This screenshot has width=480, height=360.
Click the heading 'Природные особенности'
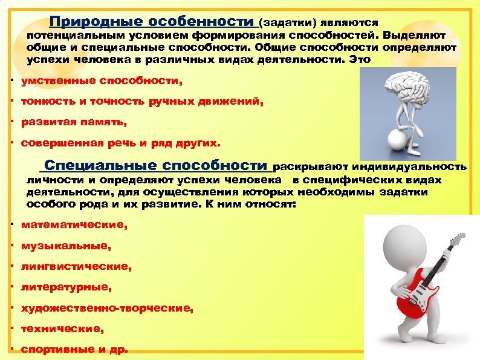tap(152, 22)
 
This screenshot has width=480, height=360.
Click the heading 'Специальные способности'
tap(156, 166)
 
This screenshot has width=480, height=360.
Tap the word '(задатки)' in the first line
tap(283, 23)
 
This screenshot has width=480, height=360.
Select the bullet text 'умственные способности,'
tap(101, 81)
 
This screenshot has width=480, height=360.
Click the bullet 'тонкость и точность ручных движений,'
tap(142, 102)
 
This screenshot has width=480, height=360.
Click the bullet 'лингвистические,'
tap(76, 266)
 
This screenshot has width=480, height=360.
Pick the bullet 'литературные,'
tap(66, 287)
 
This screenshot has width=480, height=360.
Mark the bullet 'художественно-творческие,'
tap(107, 308)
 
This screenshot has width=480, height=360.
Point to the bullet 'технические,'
tap(62, 329)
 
